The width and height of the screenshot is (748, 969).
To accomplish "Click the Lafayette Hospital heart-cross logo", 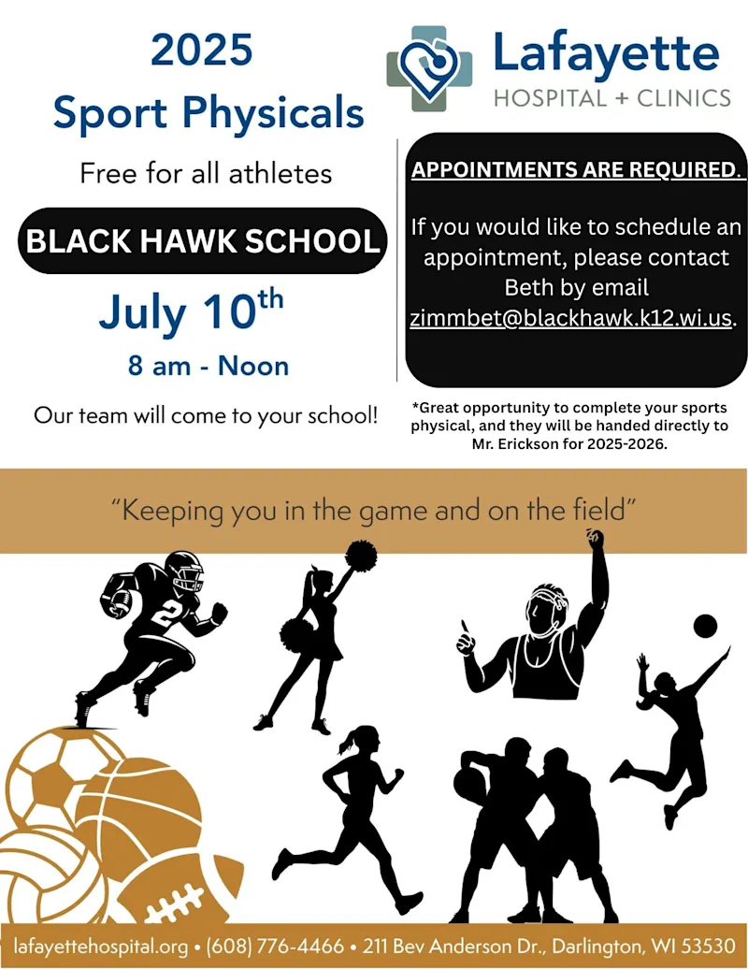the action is [428, 68].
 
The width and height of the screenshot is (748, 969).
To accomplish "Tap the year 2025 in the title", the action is [201, 51].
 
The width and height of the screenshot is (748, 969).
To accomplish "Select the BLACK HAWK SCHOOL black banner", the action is [203, 241].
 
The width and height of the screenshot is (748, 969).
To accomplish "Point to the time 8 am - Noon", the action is [209, 366].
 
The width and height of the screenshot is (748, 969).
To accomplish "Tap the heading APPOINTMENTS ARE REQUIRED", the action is [575, 169].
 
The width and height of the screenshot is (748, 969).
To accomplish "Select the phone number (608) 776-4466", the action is [275, 947].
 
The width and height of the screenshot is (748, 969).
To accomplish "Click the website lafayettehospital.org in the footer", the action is [101, 947].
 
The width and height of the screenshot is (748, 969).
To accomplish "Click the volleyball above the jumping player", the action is [705, 627].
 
